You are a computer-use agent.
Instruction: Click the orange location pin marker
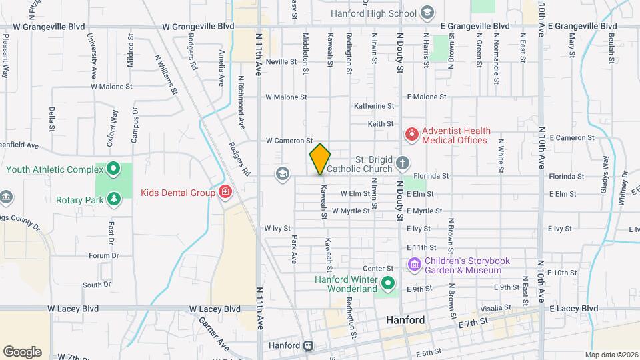320,159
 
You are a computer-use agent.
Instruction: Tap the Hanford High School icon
427,13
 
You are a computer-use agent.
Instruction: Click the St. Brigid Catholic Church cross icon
402,163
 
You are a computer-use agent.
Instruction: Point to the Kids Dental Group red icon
225,193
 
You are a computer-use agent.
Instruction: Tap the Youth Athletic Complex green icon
113,169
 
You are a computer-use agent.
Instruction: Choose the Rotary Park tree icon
114,199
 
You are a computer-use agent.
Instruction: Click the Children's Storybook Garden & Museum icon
414,265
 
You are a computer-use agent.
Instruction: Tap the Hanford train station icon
309,346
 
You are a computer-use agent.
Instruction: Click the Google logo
22,351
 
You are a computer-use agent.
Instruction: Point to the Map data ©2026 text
611,355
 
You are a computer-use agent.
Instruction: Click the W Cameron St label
289,141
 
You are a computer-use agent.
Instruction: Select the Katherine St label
374,106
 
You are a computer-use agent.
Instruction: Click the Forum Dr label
104,255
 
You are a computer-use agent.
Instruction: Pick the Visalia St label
497,308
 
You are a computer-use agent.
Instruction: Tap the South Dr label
97,285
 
